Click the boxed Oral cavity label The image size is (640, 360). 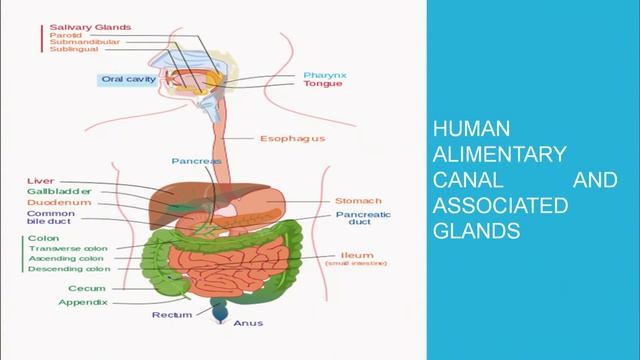pyautogui.click(x=128, y=79)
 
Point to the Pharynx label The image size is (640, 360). pyautogui.click(x=326, y=75)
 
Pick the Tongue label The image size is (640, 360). pyautogui.click(x=323, y=85)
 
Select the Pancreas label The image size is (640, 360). pyautogui.click(x=196, y=160)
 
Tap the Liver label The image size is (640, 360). pyautogui.click(x=41, y=181)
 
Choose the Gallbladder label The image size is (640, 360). pyautogui.click(x=59, y=191)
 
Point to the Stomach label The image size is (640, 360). pyautogui.click(x=357, y=200)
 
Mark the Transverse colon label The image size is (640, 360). pyautogui.click(x=69, y=248)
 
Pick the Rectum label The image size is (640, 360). pyautogui.click(x=172, y=315)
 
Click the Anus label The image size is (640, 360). pyautogui.click(x=248, y=323)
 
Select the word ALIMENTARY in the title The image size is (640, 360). pyautogui.click(x=499, y=155)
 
